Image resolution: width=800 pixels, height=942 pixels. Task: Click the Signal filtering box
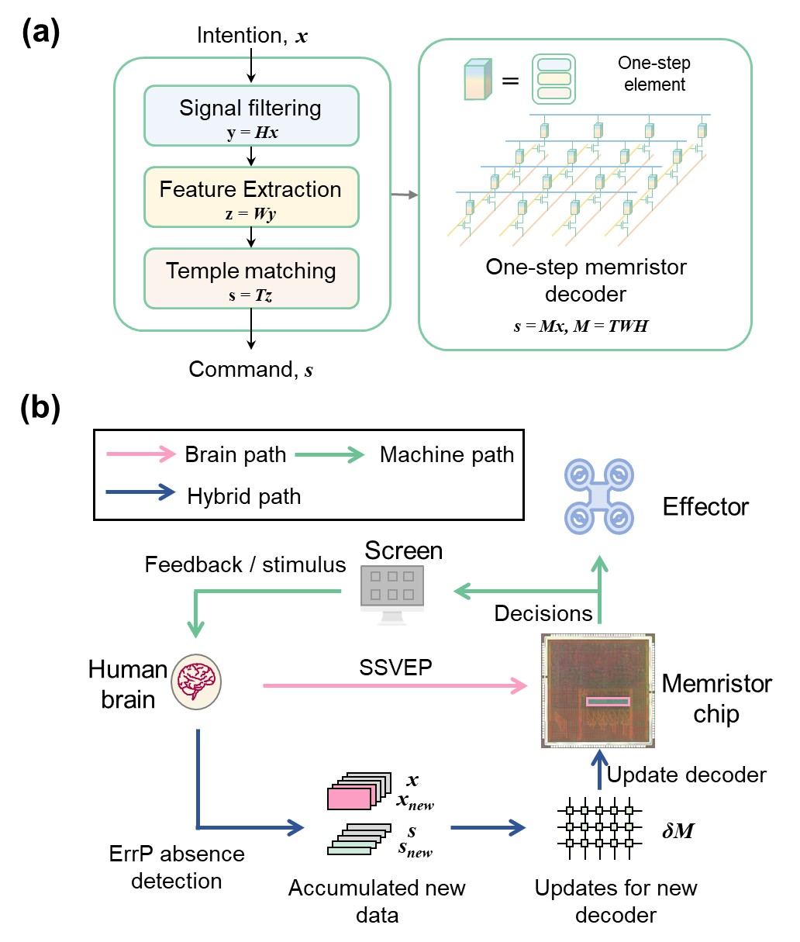[251, 116]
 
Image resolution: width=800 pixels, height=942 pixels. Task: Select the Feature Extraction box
[251, 198]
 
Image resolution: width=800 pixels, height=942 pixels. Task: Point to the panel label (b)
[40, 408]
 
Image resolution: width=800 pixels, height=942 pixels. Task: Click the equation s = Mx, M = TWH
[581, 326]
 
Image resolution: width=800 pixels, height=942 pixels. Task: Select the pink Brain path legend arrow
[141, 454]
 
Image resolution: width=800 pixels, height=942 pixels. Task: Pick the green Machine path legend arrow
[329, 454]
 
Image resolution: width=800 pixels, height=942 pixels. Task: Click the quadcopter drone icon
[599, 496]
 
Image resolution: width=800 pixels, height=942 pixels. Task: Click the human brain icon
[196, 681]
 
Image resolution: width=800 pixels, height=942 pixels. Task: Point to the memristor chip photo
[598, 691]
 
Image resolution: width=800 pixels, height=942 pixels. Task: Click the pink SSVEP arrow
[395, 685]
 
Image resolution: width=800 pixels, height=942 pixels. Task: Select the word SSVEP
[395, 667]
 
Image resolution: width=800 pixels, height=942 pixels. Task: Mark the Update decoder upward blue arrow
[599, 769]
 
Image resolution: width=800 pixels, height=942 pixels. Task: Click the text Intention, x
[252, 36]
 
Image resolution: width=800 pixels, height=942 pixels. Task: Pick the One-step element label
[654, 74]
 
